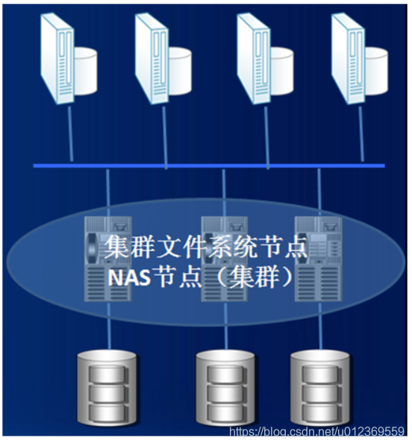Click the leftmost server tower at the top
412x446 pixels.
click(x=57, y=58)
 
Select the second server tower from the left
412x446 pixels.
click(x=152, y=58)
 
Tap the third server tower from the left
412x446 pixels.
click(x=254, y=58)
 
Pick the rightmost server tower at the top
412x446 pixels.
click(x=349, y=58)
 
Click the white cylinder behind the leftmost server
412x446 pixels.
click(x=85, y=71)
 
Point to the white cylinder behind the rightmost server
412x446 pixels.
click(x=376, y=71)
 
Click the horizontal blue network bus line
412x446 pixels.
click(x=209, y=166)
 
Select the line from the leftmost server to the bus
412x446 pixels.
click(x=70, y=134)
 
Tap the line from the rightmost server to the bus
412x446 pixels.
click(x=360, y=134)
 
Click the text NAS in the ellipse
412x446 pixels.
click(x=129, y=277)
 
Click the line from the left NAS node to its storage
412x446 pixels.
click(x=108, y=326)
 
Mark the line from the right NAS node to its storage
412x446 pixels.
click(x=320, y=326)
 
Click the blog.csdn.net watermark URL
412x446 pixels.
click(x=317, y=432)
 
